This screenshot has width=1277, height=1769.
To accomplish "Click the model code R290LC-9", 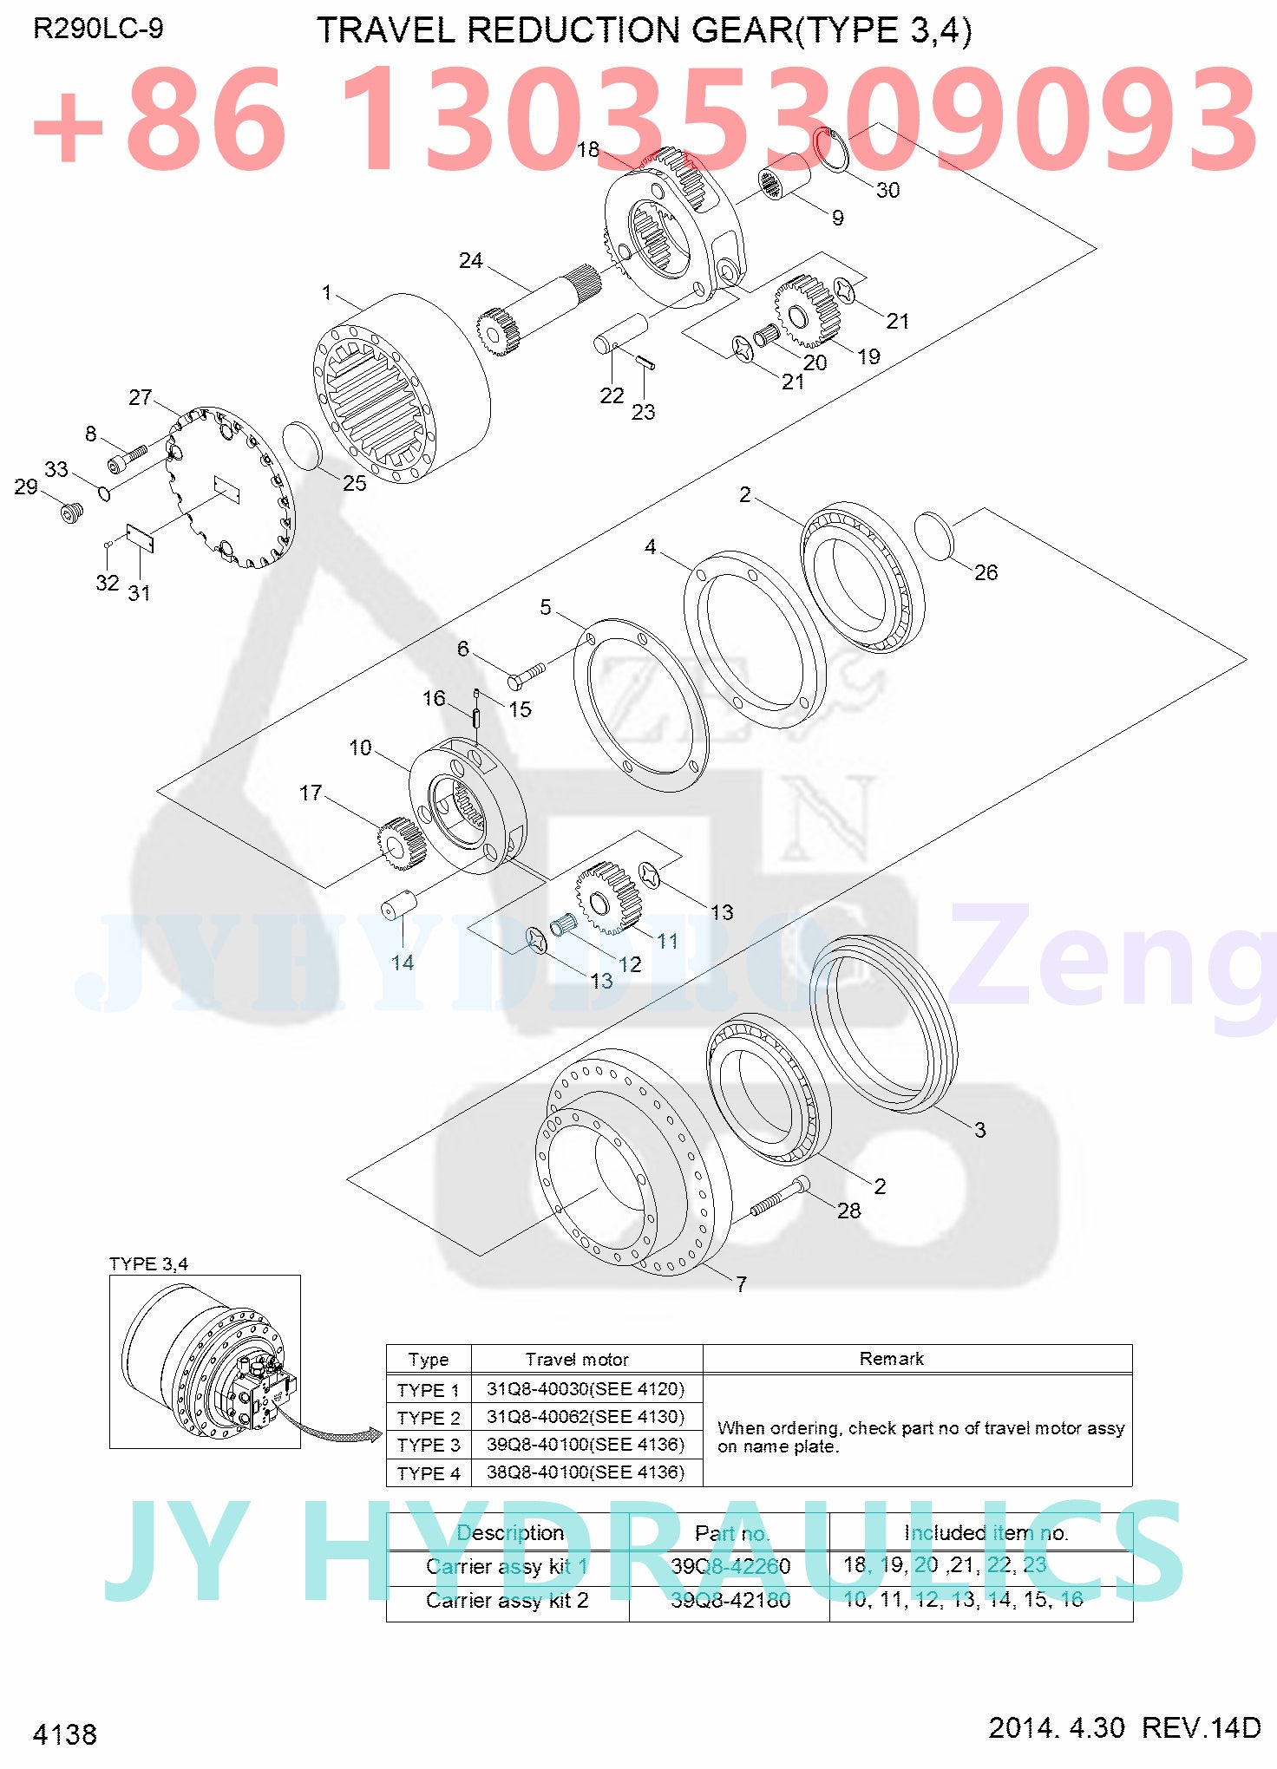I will pos(98,29).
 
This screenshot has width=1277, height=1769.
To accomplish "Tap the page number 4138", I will pos(65,1733).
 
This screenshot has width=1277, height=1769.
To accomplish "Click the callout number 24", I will pos(470,260).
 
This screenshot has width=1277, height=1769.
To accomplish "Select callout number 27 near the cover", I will pos(140,397).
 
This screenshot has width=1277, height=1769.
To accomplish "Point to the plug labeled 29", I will pos(72,512).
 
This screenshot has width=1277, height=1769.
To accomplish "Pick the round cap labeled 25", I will pos(303,447).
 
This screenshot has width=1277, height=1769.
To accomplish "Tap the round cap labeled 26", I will pos(934,536).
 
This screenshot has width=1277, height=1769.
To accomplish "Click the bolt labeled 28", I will pos(779,1198).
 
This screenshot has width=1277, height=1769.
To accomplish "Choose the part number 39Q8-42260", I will pos(730,1565).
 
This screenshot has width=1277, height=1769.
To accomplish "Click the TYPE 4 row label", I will pos(428,1473).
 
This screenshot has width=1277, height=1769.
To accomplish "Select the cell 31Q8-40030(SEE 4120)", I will pos(586,1388).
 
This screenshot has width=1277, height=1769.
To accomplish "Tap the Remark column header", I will pos(891,1359).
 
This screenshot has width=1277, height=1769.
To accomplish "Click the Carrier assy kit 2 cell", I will pos(507,1600).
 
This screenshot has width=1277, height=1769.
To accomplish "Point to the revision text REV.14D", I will pos(1201,1727).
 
